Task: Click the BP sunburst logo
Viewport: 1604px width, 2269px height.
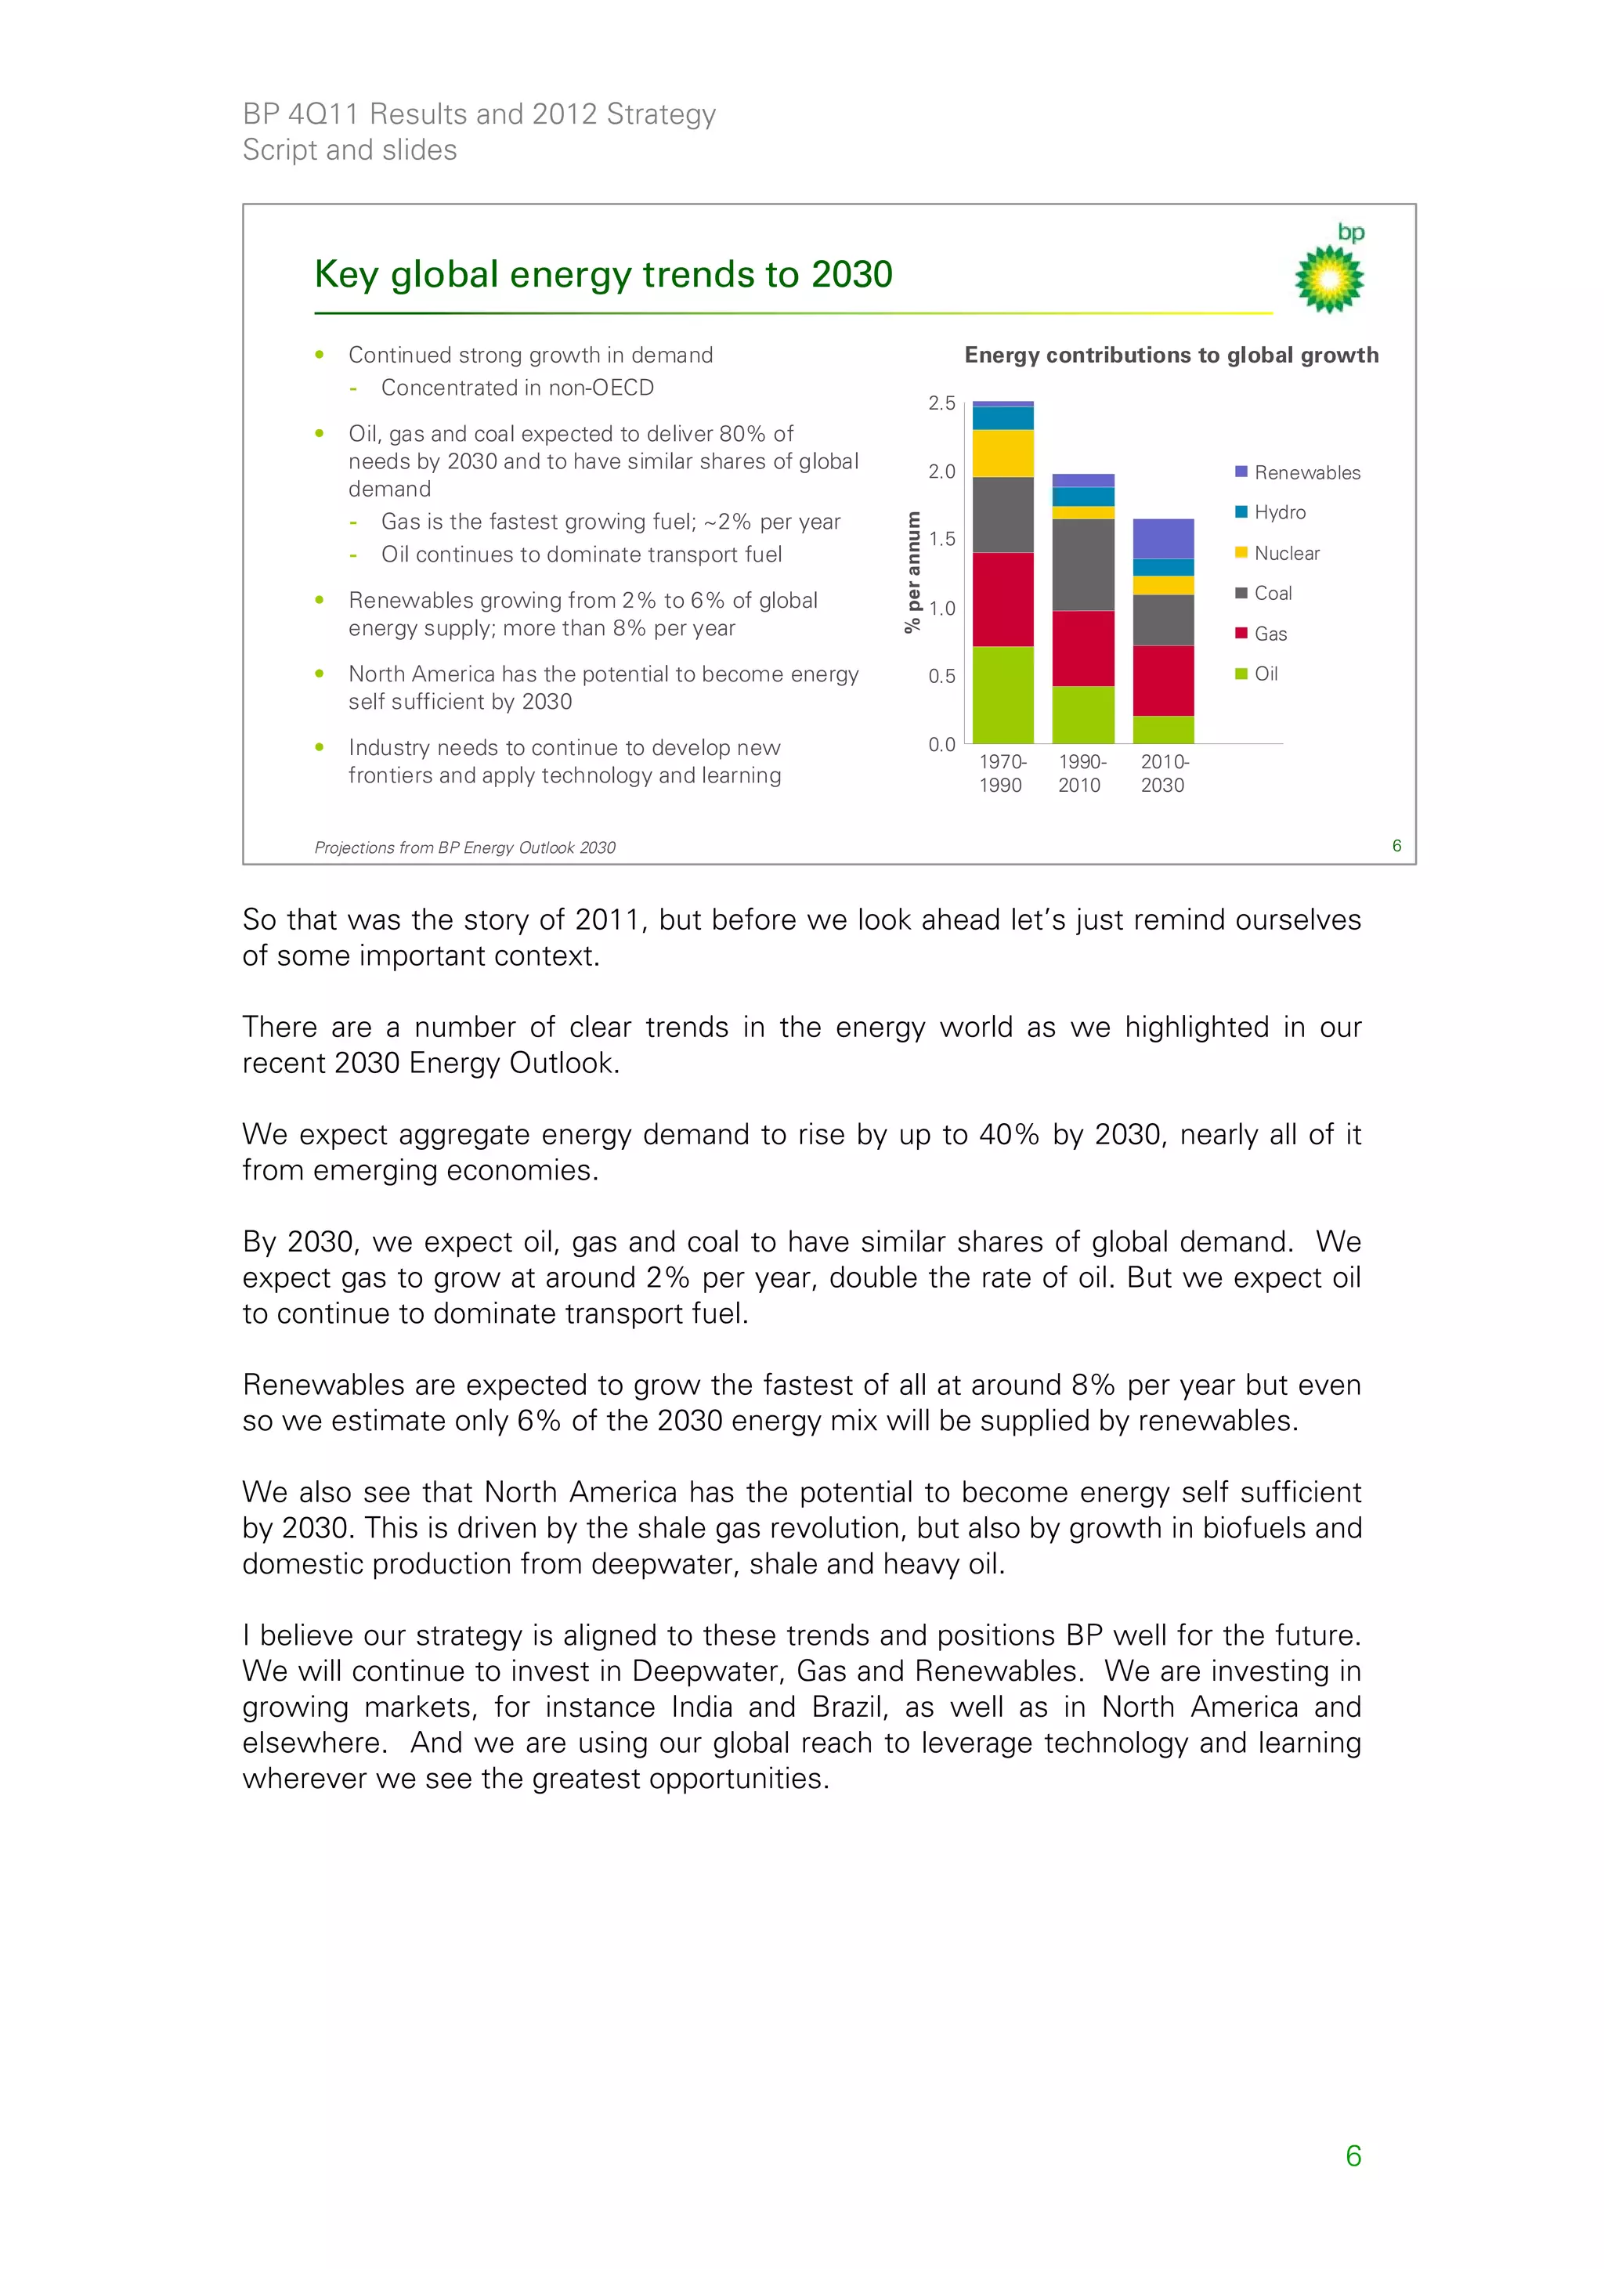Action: [1329, 279]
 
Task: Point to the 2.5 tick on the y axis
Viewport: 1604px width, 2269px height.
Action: [941, 403]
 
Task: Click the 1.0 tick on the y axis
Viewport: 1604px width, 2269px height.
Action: [941, 609]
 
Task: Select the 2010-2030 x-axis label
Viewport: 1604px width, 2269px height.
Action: [1163, 774]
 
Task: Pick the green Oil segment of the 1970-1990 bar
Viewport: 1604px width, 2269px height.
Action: [1002, 695]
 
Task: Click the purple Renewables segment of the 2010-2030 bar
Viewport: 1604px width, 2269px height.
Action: [1162, 539]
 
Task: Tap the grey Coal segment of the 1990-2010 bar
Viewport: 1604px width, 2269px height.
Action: [1082, 564]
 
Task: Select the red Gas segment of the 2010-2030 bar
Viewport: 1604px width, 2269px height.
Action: [1162, 681]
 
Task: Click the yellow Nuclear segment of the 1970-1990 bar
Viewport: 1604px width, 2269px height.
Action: [1002, 453]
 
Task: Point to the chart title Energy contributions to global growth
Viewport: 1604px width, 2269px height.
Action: [1170, 355]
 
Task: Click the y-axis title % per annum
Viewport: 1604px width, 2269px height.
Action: [912, 571]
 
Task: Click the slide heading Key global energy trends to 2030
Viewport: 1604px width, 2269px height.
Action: [603, 274]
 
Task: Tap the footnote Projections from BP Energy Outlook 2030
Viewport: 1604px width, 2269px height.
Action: [464, 848]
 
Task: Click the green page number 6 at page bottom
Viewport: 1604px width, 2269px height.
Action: [1353, 2155]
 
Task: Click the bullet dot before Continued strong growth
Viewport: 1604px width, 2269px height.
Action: [320, 355]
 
